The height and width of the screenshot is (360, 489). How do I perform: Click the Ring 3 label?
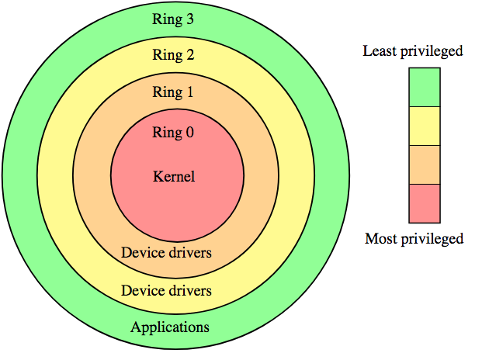(174, 20)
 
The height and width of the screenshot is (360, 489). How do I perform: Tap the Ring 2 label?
(174, 55)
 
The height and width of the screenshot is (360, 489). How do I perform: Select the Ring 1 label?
(174, 92)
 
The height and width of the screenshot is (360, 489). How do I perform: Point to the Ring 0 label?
(174, 133)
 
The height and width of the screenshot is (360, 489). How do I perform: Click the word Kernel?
(174, 176)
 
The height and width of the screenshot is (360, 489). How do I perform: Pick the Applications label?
(170, 327)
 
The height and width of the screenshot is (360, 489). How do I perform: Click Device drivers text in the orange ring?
(166, 253)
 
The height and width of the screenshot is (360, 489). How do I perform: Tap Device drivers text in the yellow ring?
(166, 291)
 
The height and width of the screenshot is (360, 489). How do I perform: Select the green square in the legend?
(425, 87)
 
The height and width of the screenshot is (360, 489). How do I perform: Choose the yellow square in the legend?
(425, 126)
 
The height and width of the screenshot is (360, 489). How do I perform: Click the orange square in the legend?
(425, 164)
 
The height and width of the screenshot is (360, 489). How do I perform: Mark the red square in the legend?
(425, 202)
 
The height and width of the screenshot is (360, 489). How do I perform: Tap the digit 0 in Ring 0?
(189, 133)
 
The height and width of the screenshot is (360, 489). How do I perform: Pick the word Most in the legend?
(380, 238)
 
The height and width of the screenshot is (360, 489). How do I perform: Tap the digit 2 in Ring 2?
(189, 55)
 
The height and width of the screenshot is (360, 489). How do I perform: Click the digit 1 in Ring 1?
(189, 92)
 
